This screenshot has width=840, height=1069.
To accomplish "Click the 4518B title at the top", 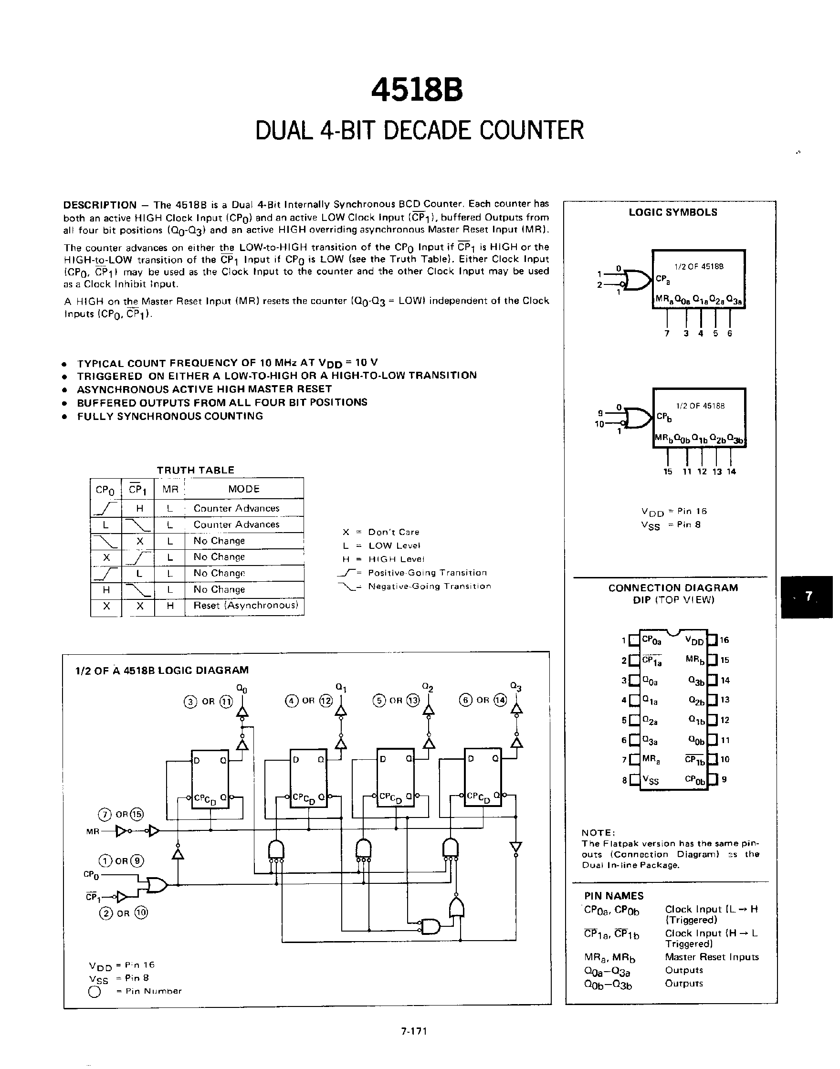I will click(417, 91).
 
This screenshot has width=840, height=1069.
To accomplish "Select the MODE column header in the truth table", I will click(243, 489).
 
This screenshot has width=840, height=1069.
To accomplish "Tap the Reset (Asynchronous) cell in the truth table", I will click(245, 605).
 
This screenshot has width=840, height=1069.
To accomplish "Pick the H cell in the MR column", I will click(170, 606).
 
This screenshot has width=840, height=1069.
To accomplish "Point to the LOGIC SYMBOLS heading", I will click(672, 212).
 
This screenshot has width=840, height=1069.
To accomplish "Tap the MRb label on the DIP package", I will click(695, 660).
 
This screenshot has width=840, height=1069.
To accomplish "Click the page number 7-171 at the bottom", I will click(414, 1031).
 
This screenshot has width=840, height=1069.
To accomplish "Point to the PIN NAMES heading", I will click(613, 896).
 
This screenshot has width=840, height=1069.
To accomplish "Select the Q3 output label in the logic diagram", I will click(515, 686).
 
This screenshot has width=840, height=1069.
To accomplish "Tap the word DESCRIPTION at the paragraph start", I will click(100, 205).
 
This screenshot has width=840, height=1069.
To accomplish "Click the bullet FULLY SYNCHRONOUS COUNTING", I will click(170, 416).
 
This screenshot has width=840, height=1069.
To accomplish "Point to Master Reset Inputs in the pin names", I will click(711, 957).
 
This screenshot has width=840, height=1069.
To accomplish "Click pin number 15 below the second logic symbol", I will click(667, 472).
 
